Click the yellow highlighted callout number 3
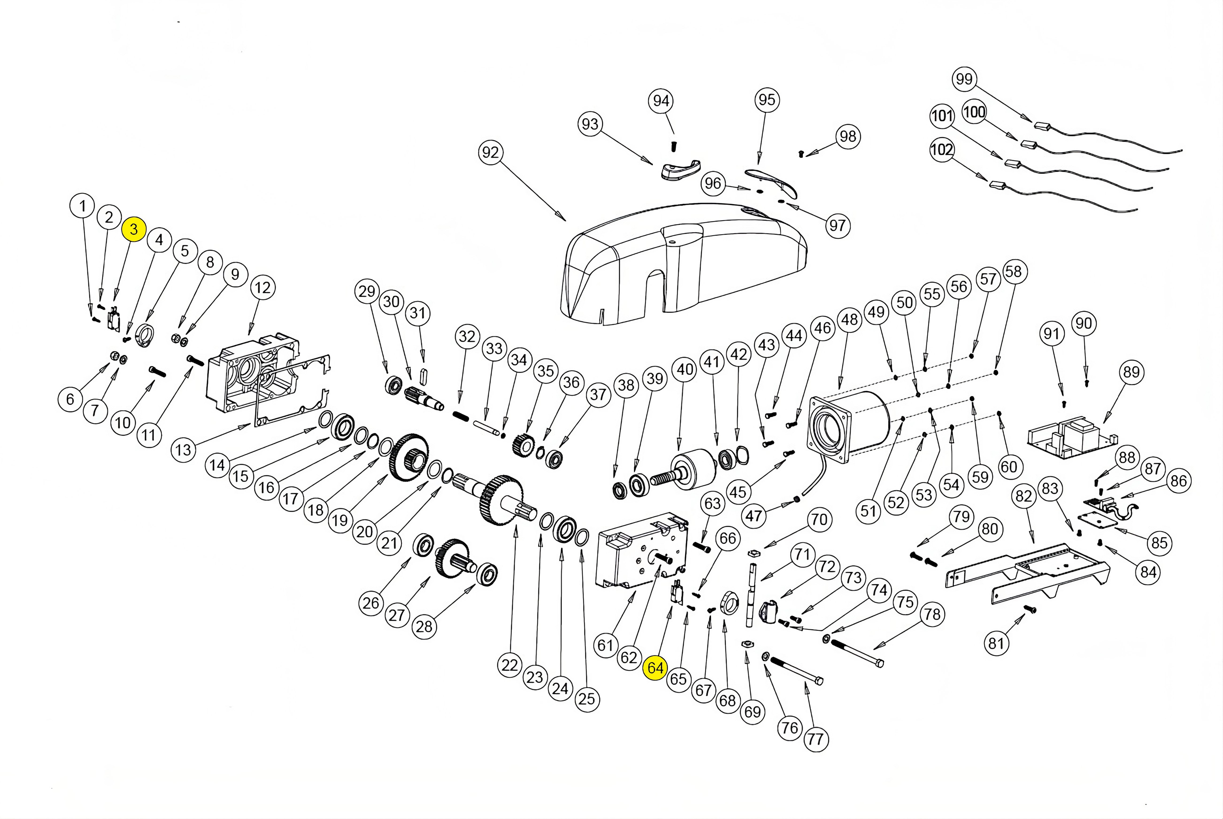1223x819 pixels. point(134,229)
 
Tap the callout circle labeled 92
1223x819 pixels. point(490,153)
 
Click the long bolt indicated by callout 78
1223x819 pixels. point(856,653)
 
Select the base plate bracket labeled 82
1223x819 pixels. point(1023,575)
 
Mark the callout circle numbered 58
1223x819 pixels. point(1013,272)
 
